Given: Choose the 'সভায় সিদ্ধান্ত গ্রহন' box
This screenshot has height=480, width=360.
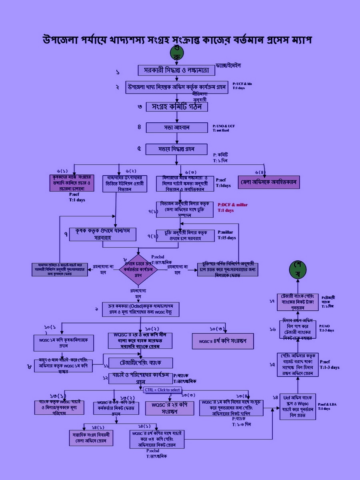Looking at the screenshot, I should (176, 149).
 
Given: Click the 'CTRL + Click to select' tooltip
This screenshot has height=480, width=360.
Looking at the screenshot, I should (162, 390).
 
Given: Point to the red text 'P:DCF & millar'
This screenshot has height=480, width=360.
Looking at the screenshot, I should (233, 205).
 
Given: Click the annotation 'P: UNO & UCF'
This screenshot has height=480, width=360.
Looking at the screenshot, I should (224, 126).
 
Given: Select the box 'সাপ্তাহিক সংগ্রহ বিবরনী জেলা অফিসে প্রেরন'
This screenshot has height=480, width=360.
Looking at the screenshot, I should (90, 438).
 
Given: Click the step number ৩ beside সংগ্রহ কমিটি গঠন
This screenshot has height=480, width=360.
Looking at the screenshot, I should (140, 107).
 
